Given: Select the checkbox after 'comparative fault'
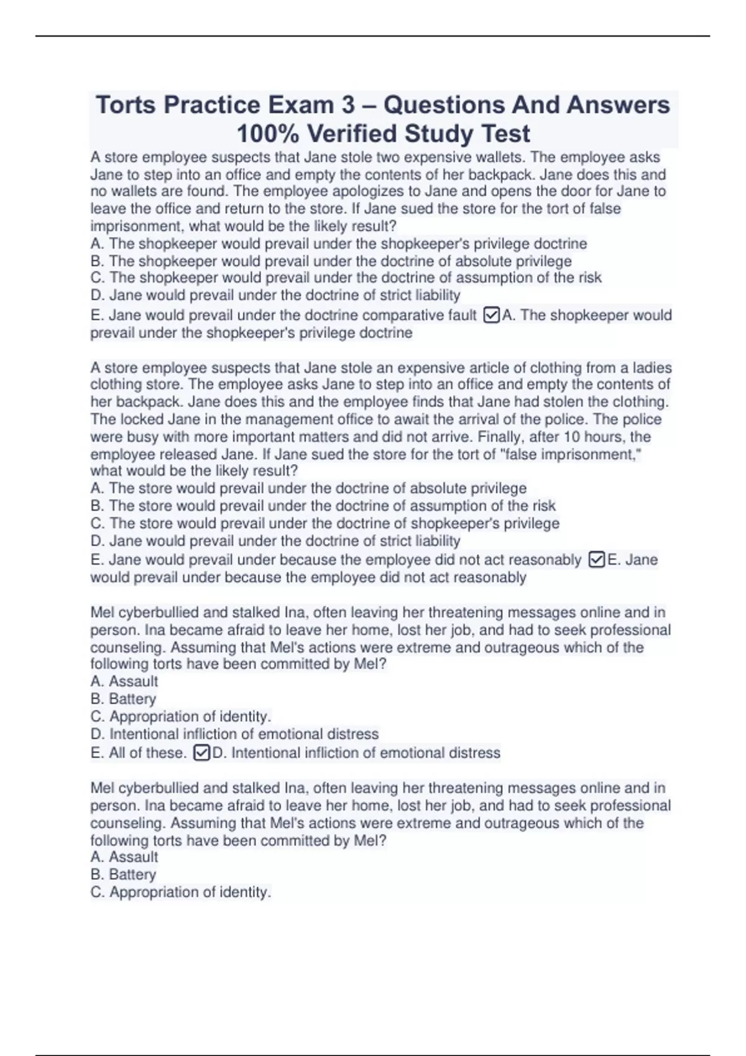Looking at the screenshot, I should (x=491, y=316).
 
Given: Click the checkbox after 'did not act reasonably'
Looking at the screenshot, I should (x=596, y=560).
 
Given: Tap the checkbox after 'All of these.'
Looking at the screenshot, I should (x=201, y=753).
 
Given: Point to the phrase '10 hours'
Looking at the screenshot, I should (x=578, y=437).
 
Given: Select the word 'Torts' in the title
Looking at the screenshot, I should (x=125, y=105).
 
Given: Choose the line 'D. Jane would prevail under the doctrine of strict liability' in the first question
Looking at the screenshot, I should (x=275, y=295).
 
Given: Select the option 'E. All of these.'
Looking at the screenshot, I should (x=138, y=753).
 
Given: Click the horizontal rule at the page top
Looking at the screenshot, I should (x=373, y=36).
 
